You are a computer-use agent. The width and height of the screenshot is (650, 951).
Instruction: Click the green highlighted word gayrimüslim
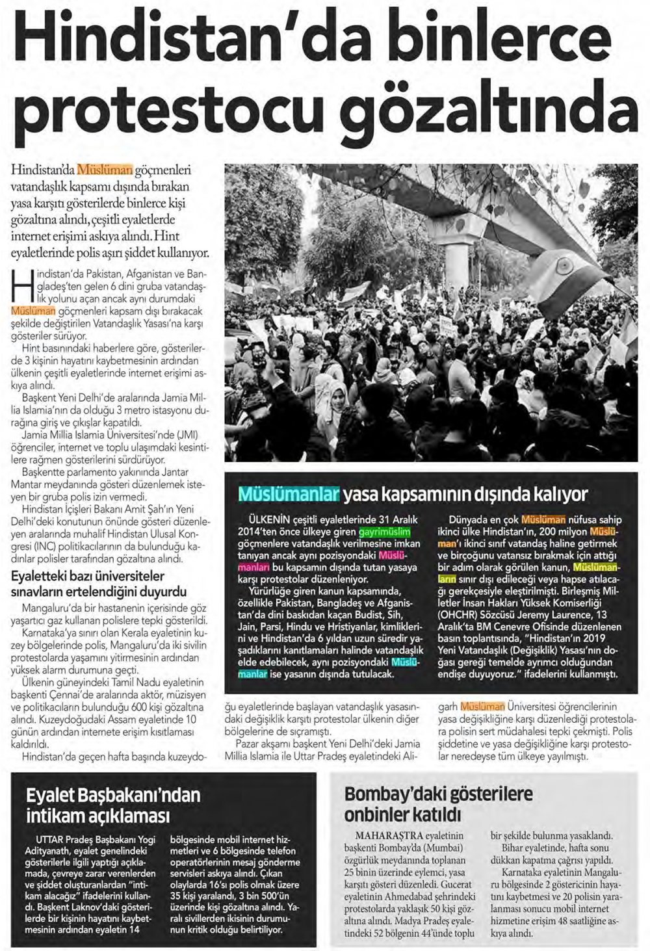(387, 532)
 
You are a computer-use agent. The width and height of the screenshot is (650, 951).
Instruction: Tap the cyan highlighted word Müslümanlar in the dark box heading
(289, 495)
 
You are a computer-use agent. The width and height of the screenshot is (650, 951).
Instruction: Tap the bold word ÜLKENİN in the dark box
(262, 519)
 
